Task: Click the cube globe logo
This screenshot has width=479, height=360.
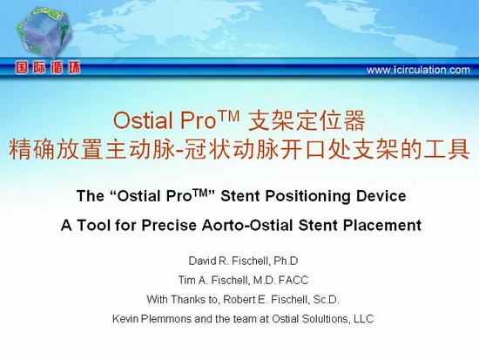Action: point(44,33)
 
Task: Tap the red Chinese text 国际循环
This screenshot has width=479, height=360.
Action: point(48,68)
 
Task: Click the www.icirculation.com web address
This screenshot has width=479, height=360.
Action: point(418,70)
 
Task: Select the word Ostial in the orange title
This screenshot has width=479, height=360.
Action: point(143,120)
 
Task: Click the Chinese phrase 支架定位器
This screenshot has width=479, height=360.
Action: point(307,120)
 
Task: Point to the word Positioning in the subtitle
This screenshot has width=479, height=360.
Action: point(307,197)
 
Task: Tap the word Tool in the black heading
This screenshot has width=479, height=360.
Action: point(93,226)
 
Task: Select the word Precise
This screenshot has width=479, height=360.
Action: point(169,226)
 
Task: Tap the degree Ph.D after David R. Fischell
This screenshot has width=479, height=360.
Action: point(286,261)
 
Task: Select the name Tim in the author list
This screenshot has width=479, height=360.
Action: point(186,280)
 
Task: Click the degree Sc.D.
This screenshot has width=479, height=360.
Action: point(327,300)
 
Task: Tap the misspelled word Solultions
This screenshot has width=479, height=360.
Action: point(325,319)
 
